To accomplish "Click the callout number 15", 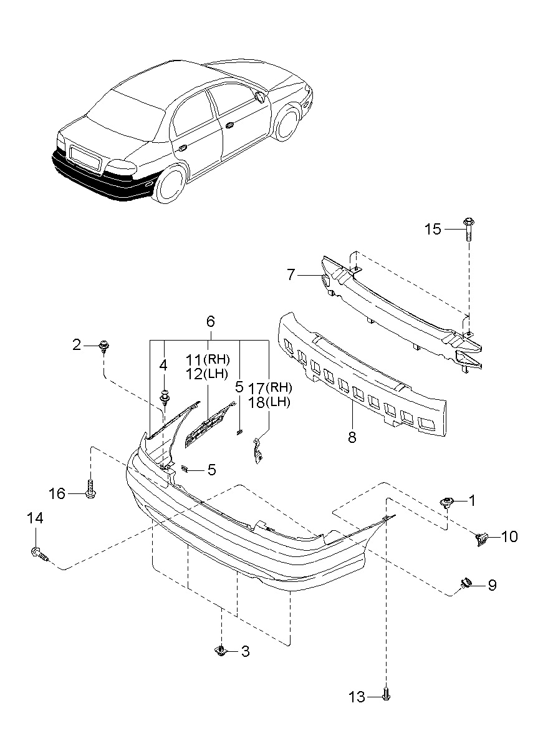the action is coord(433,230).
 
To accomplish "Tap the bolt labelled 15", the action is coord(469,229).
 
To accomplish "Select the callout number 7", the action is coord(291,274).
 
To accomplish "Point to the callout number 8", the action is coord(352,437).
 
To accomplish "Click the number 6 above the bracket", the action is coord(211,322).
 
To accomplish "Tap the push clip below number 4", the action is coord(165,397).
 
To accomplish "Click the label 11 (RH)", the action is coord(208,360).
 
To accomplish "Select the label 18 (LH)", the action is coord(269,402).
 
